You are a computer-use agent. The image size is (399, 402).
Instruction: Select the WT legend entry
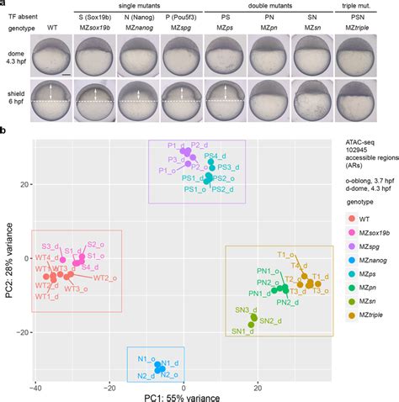click(363, 220)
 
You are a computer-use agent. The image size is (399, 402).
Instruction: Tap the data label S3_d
click(51, 246)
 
